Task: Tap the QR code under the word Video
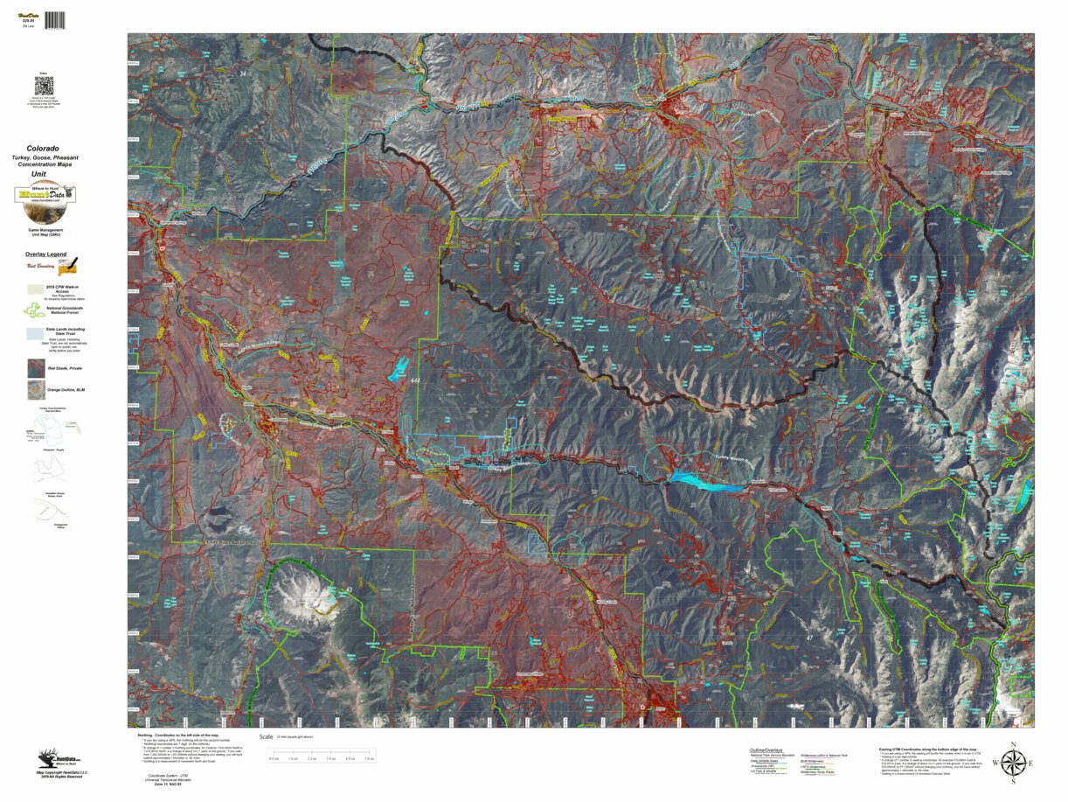43,86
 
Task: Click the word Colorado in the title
43,149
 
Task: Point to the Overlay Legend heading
45,254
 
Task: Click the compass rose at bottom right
1014,763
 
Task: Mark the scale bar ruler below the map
322,752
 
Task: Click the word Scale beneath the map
266,736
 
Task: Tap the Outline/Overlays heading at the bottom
765,750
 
